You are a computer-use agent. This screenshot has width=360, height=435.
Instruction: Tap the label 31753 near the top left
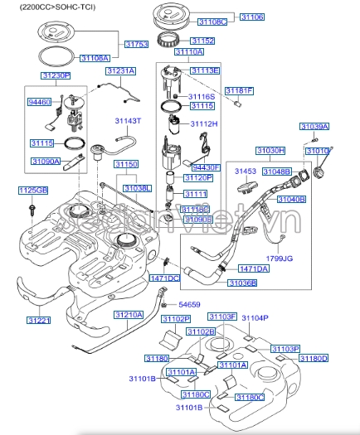pos(136,44)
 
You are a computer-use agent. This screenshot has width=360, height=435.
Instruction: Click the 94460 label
pos(39,102)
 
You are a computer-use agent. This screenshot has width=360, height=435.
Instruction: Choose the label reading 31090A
pos(46,162)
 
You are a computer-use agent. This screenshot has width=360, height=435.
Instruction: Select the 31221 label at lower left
pos(38,319)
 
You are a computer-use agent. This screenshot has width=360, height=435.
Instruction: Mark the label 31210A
pos(128,315)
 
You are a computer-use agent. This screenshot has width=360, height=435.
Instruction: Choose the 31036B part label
pos(242,283)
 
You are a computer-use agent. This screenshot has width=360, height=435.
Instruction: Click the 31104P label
pos(256,317)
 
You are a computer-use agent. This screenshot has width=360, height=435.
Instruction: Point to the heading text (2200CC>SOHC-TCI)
pos(47,6)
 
